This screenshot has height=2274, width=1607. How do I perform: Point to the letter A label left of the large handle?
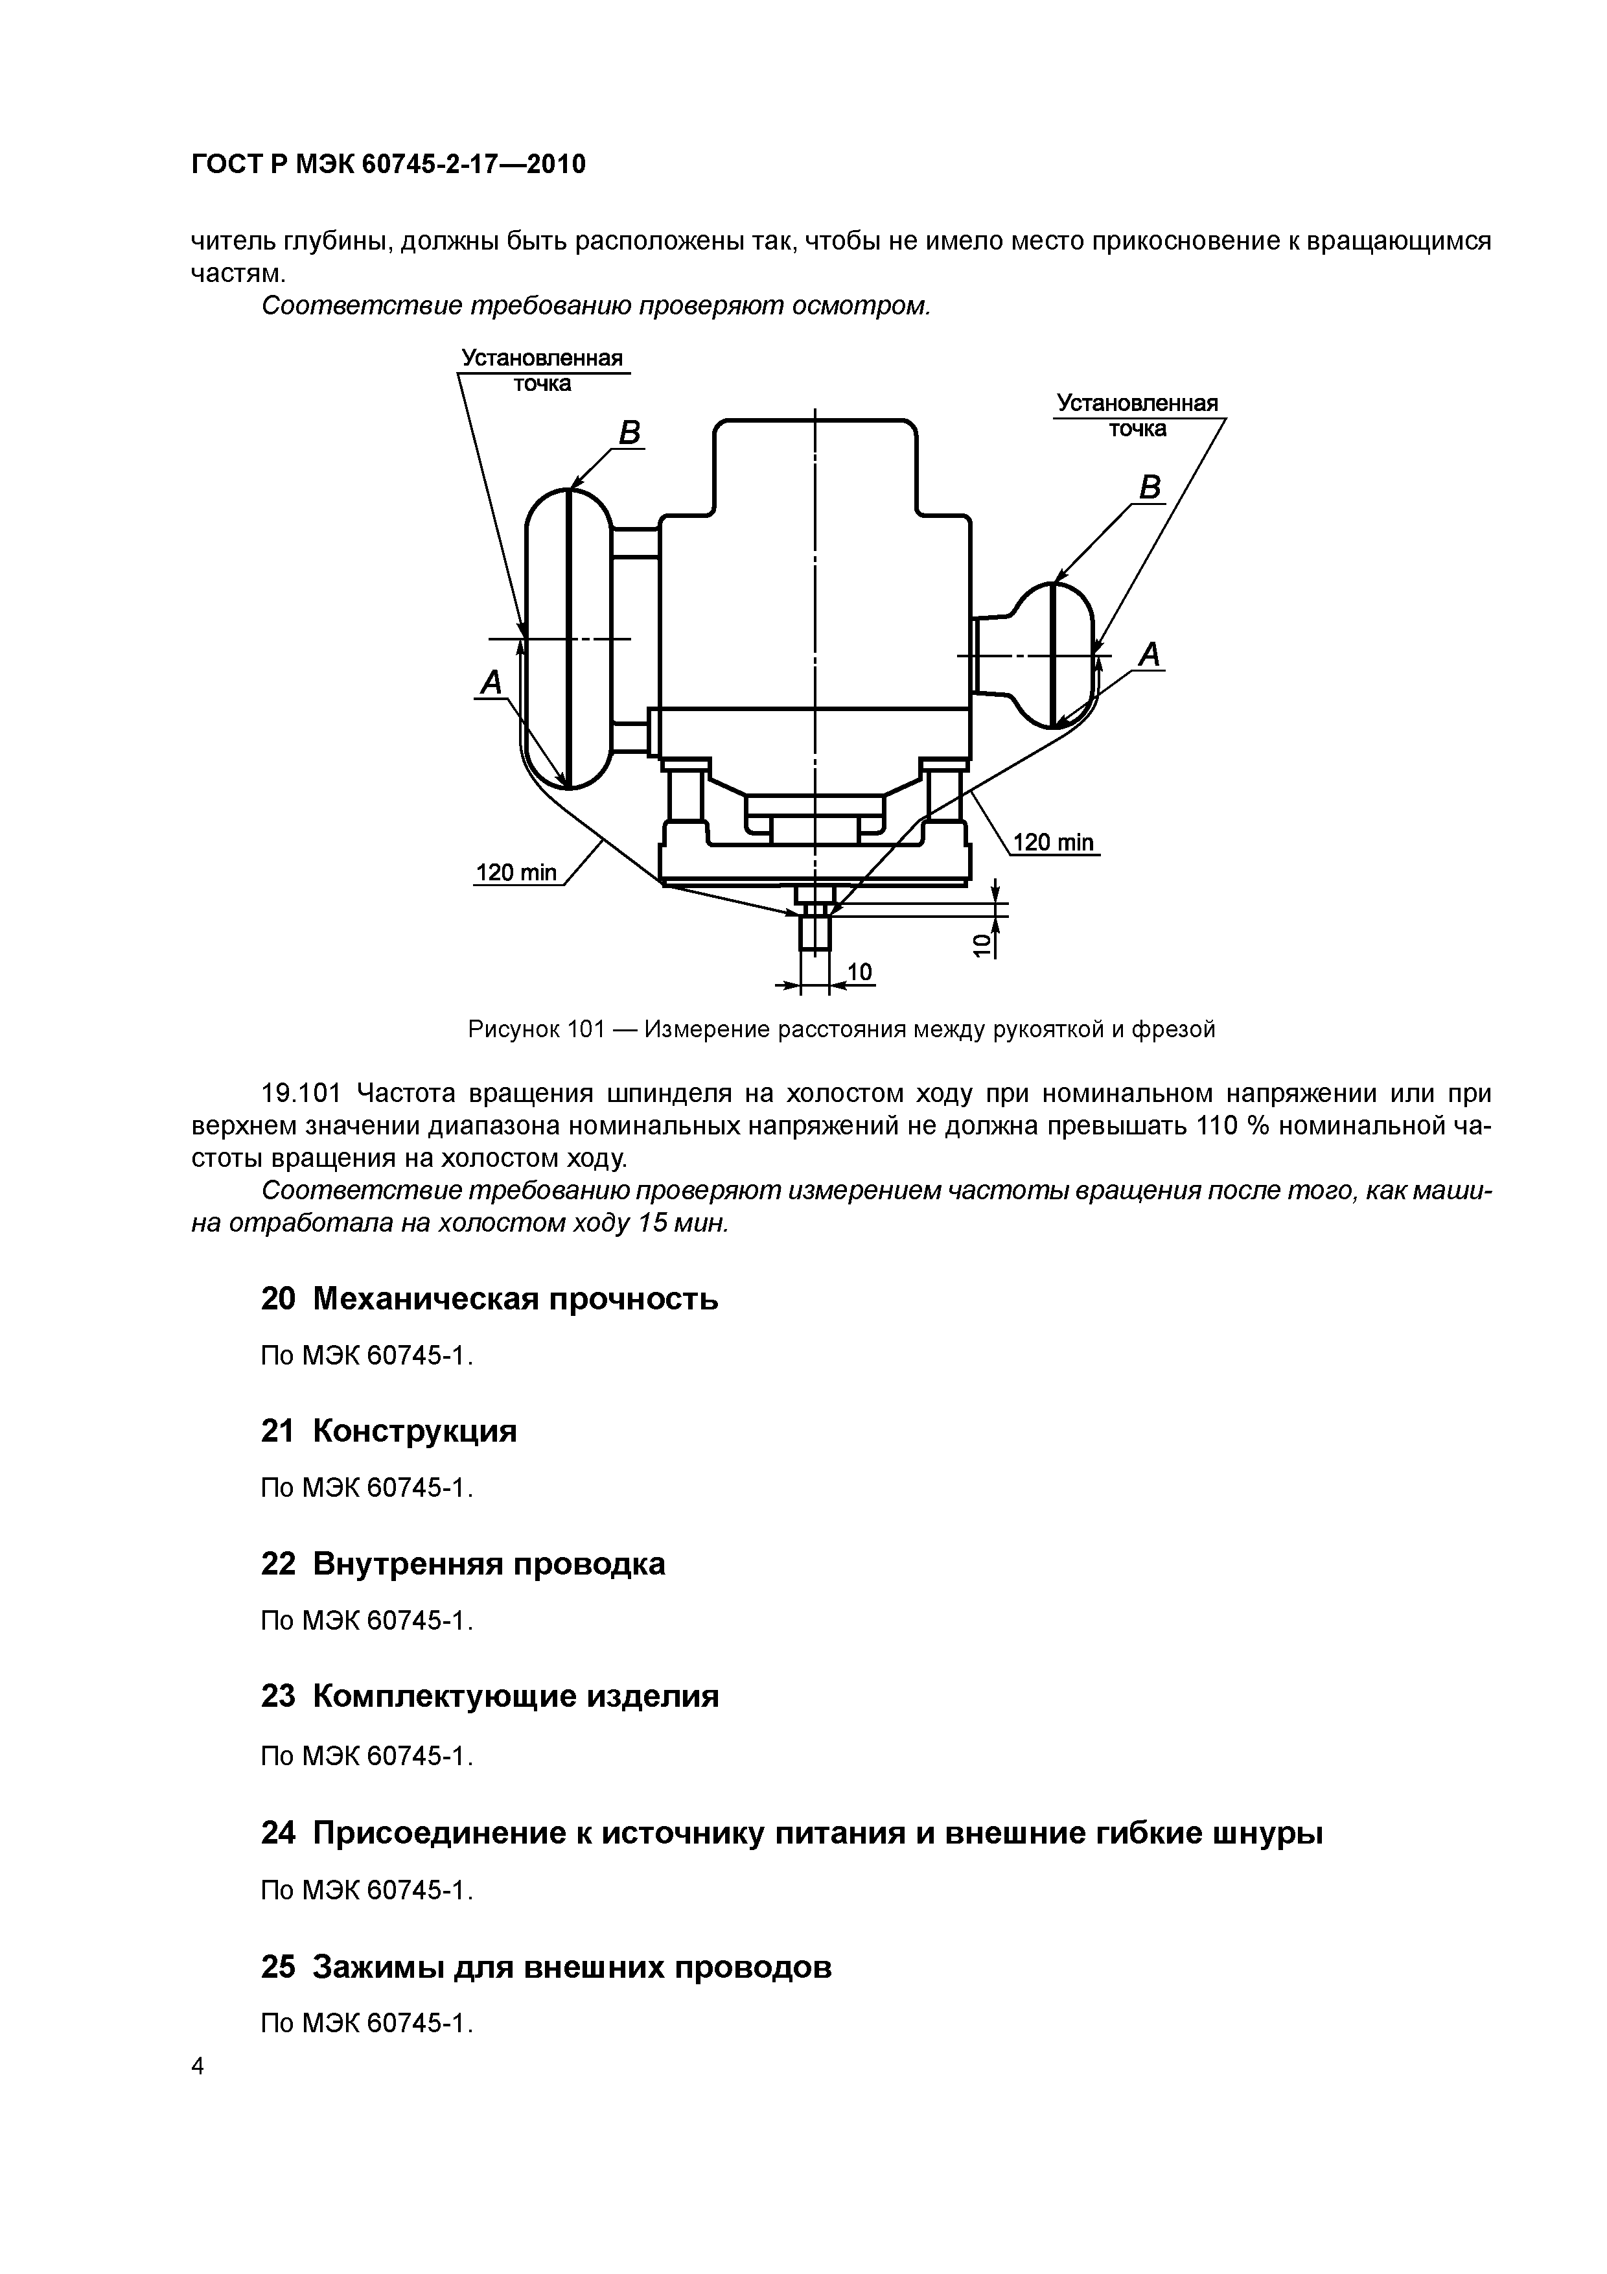pos(491,681)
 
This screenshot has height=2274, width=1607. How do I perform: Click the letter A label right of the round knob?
pos(1149,653)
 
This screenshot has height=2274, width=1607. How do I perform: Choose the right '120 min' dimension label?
pos(1054,842)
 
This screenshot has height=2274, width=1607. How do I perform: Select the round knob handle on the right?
pos(1054,653)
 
